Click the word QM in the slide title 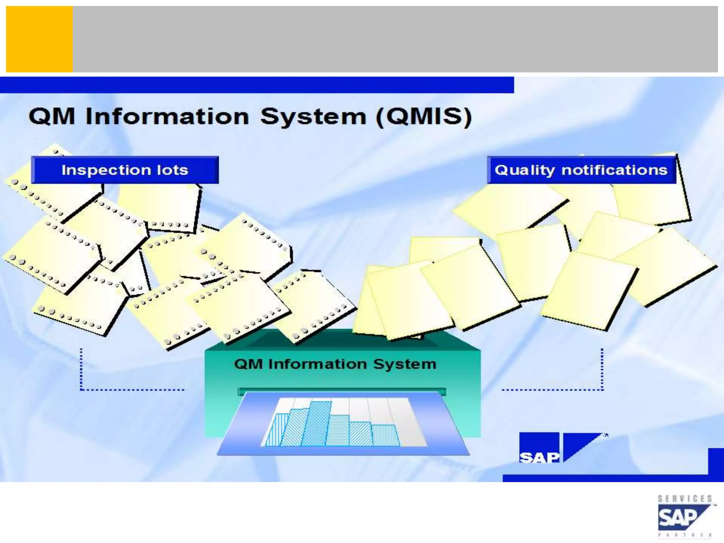click(52, 117)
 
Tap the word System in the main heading click(313, 117)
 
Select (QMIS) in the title click(424, 117)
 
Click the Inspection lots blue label click(125, 170)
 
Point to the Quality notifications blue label click(581, 170)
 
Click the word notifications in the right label click(614, 170)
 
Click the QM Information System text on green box click(335, 364)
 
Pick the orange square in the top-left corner click(39, 39)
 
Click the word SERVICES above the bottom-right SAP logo click(684, 499)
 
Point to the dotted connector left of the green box click(106, 389)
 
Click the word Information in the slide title click(167, 117)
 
